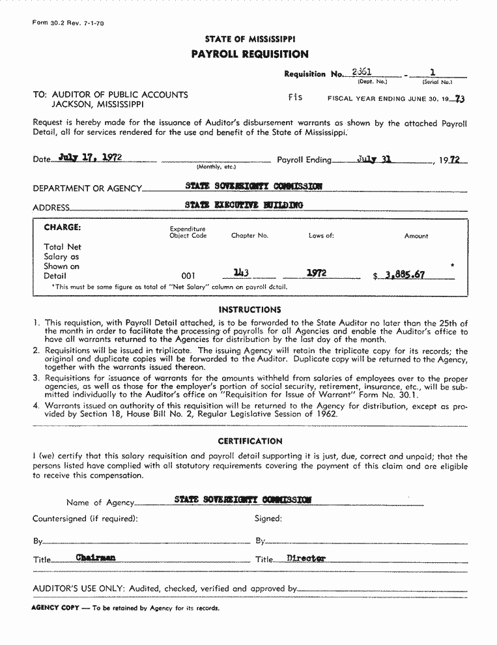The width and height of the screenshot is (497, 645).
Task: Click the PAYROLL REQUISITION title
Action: [x=249, y=54]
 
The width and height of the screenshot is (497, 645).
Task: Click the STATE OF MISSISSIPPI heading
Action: [x=249, y=39]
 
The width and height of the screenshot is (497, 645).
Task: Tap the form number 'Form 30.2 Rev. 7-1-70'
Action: [x=68, y=23]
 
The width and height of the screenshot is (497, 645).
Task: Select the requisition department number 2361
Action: [x=362, y=72]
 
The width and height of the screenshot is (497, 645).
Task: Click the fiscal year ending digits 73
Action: [x=461, y=99]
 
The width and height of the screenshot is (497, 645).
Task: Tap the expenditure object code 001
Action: [x=188, y=276]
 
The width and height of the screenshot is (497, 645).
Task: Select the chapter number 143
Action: [x=242, y=274]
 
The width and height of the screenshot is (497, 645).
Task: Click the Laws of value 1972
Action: [x=317, y=274]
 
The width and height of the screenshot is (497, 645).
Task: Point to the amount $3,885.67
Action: [x=399, y=275]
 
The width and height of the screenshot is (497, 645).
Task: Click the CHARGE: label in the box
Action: [x=63, y=227]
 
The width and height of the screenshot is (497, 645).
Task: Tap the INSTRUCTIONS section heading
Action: [x=249, y=309]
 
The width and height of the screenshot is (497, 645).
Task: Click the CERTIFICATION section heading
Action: [x=249, y=441]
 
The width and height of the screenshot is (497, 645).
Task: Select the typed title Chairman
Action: [x=95, y=558]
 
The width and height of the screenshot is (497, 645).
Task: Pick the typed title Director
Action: [x=305, y=558]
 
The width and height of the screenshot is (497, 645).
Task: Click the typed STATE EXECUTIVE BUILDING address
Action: [x=244, y=205]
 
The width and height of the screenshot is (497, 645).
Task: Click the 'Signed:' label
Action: [x=268, y=519]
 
